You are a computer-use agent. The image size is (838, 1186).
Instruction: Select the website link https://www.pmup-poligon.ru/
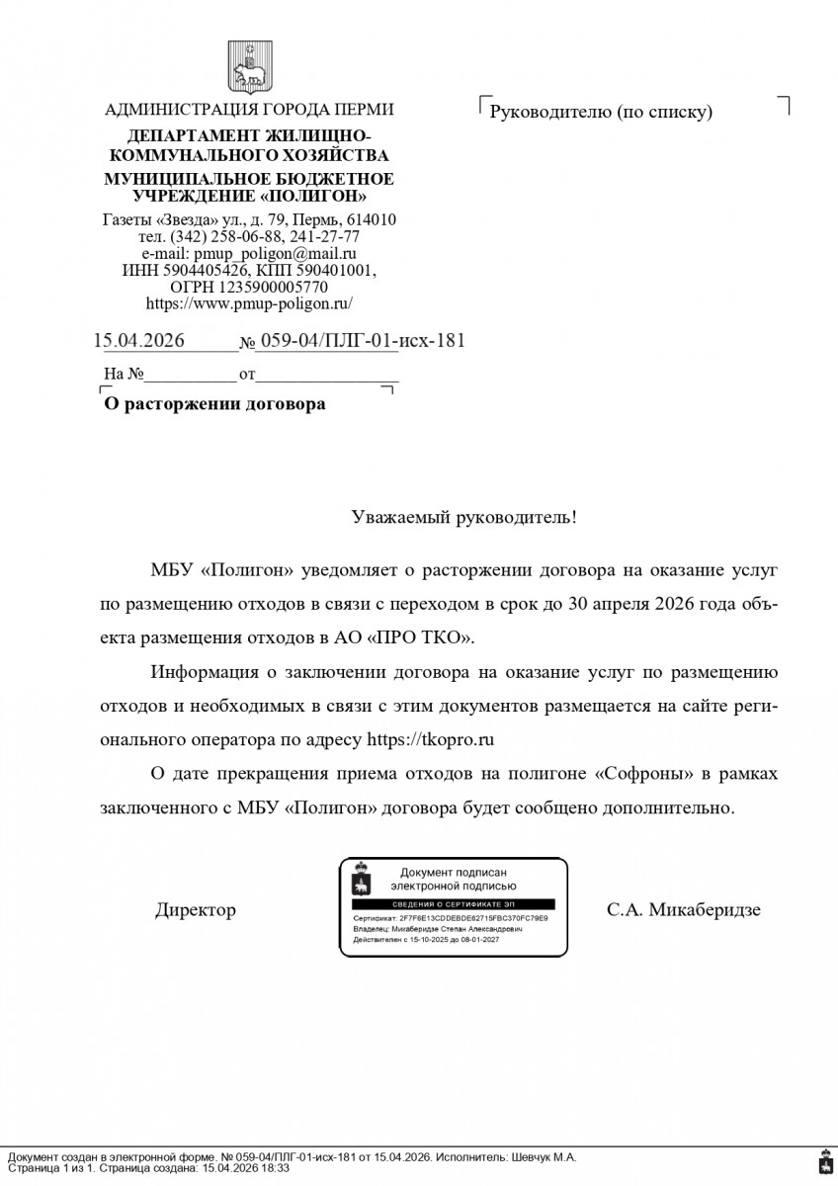point(249,304)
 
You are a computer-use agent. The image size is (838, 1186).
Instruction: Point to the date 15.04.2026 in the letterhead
point(139,341)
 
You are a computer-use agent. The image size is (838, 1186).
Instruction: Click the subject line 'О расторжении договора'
point(215,404)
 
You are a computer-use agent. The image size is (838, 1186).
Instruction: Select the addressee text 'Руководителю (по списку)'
point(601,112)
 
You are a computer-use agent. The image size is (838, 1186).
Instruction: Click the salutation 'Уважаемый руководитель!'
point(464,517)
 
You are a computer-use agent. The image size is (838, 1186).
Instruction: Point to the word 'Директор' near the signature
point(196,910)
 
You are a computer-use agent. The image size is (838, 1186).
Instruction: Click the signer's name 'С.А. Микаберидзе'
point(684,910)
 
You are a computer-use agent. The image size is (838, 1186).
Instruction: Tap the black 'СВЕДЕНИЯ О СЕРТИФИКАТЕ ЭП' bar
point(454,904)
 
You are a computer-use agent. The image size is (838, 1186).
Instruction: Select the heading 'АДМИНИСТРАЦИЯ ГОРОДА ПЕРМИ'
point(249,110)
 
